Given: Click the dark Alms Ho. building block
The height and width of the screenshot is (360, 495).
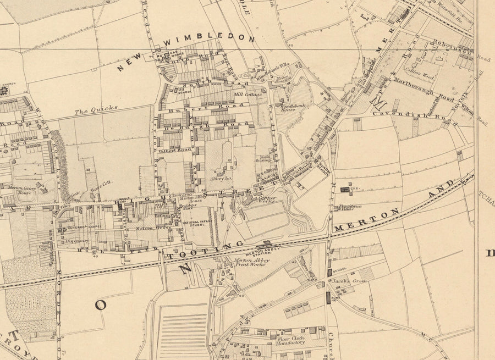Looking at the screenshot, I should coord(328,298).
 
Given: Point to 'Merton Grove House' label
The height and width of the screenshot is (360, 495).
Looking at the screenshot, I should coord(28,190).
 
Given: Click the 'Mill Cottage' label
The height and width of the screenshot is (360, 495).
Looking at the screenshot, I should coord(249,95).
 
